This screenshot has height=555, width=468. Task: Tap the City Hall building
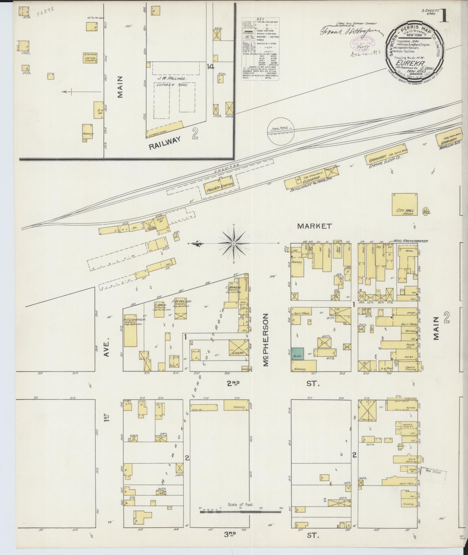[405, 204]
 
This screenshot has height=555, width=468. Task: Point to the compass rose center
[234, 244]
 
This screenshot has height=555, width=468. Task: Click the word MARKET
[314, 226]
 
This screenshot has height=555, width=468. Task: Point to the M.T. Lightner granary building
[130, 330]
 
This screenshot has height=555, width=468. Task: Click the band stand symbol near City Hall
[425, 211]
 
